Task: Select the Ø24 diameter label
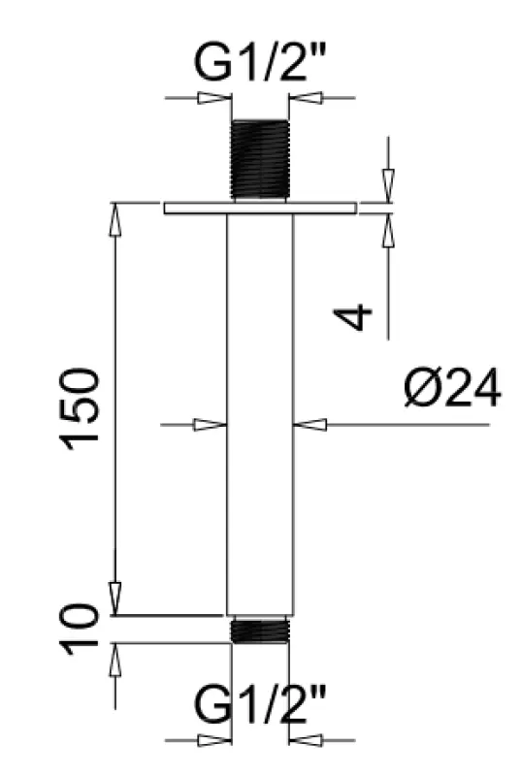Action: [x=452, y=390]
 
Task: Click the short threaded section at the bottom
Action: [x=260, y=630]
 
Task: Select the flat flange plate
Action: [x=260, y=209]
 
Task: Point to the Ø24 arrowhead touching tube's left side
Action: [x=211, y=424]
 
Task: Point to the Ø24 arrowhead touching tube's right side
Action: [x=311, y=424]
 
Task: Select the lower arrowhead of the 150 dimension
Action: [x=115, y=597]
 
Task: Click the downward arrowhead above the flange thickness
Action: [x=387, y=185]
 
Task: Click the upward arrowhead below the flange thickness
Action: [x=387, y=228]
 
